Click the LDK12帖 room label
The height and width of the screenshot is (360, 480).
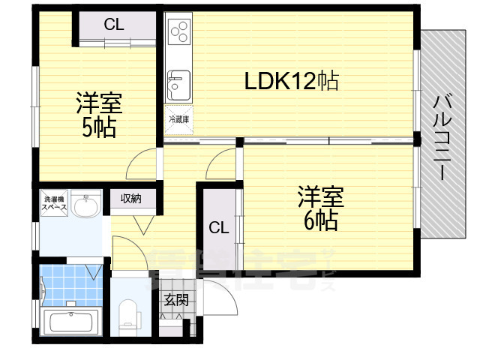pyautogui.click(x=291, y=80)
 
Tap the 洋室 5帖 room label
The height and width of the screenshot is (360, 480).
pyautogui.click(x=98, y=115)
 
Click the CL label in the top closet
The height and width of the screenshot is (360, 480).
pyautogui.click(x=114, y=25)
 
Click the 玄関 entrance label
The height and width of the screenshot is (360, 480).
pyautogui.click(x=176, y=301)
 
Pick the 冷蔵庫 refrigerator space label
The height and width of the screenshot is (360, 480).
pyautogui.click(x=178, y=119)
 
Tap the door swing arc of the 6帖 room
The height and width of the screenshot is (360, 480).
pyautogui.click(x=223, y=164)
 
